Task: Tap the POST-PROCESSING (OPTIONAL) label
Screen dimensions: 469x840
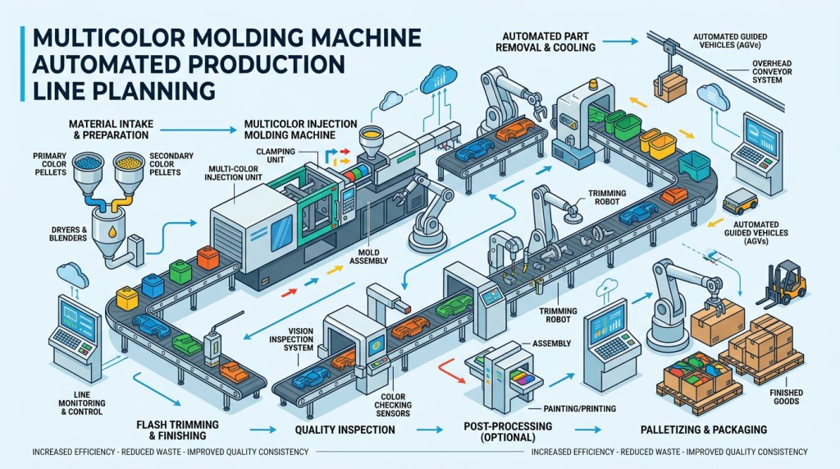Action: (x=507, y=433)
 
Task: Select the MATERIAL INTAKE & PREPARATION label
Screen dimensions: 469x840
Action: (x=115, y=129)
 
